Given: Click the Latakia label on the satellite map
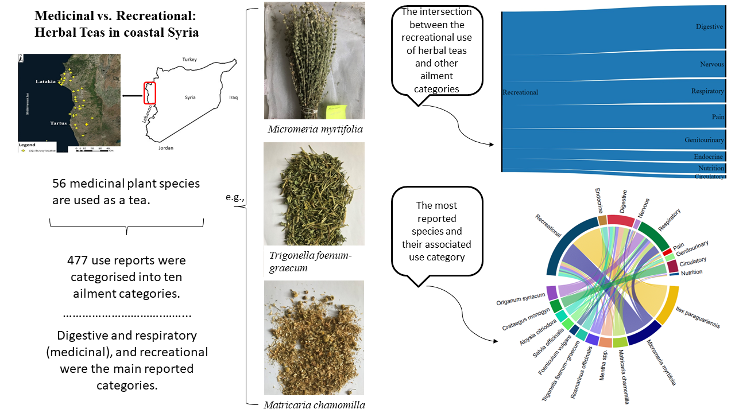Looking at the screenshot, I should [x=45, y=81].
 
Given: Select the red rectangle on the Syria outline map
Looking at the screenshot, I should [x=149, y=93].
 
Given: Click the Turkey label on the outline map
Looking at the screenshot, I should [x=189, y=60].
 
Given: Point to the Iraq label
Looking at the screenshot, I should [x=233, y=98].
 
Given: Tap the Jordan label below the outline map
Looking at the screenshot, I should [x=165, y=148].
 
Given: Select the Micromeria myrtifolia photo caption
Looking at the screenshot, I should [x=315, y=129].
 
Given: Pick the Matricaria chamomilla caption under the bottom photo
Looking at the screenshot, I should [x=314, y=405].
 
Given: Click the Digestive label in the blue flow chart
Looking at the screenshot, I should [x=709, y=27].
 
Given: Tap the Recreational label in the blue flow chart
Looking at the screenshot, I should [x=520, y=92].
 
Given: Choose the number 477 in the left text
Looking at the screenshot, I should [x=78, y=260].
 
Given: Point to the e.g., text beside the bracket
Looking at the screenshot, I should [x=235, y=197].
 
